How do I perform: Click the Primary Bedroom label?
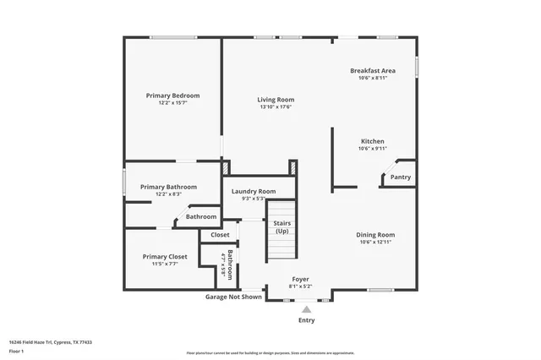[173, 95]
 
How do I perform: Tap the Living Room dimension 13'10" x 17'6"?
[276, 107]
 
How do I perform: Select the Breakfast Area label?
[373, 70]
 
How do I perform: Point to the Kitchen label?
[373, 141]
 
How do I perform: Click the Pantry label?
[401, 177]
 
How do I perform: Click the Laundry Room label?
[254, 191]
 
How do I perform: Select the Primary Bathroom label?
[169, 187]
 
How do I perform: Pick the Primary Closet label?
[165, 256]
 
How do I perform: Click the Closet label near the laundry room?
[220, 235]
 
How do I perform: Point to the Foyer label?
[301, 279]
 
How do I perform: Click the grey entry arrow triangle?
[306, 309]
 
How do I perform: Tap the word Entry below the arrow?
[306, 321]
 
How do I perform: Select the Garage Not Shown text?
[233, 297]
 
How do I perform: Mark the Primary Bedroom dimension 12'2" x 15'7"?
[173, 104]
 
